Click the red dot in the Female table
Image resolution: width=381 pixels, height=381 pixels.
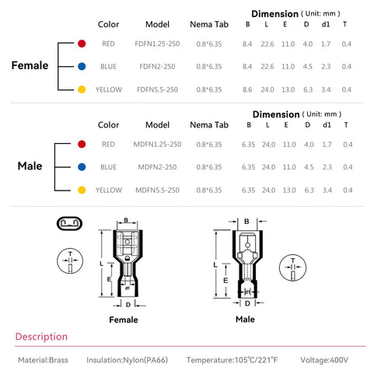click(x=82, y=44)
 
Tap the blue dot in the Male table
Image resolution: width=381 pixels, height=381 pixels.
click(x=82, y=167)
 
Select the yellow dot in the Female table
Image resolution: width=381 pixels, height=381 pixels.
click(x=82, y=89)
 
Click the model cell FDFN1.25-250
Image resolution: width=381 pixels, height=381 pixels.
click(x=157, y=44)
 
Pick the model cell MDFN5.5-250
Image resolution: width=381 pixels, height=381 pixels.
click(x=157, y=190)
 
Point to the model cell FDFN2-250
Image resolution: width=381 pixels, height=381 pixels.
click(x=157, y=67)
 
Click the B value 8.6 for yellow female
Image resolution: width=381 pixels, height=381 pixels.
click(x=247, y=89)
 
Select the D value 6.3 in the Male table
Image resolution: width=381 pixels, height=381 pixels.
click(x=309, y=190)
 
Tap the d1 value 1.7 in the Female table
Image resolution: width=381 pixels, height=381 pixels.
click(x=326, y=44)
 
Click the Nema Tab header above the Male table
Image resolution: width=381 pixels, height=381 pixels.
click(x=209, y=125)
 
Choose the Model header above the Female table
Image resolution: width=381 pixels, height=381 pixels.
click(x=157, y=24)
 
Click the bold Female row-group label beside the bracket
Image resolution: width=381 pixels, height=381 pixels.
click(x=30, y=65)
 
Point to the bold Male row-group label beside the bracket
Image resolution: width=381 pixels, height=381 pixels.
click(x=30, y=166)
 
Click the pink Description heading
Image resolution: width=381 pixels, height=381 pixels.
click(x=41, y=337)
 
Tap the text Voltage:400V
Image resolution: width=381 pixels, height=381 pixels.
click(x=324, y=360)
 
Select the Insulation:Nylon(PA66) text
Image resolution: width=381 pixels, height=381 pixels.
click(x=128, y=360)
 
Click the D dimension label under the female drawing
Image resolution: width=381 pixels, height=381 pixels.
click(x=128, y=305)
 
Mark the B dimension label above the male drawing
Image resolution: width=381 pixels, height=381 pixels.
click(x=246, y=222)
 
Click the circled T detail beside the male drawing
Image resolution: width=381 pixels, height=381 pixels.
click(x=292, y=267)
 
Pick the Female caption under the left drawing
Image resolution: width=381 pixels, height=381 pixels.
click(x=124, y=320)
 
